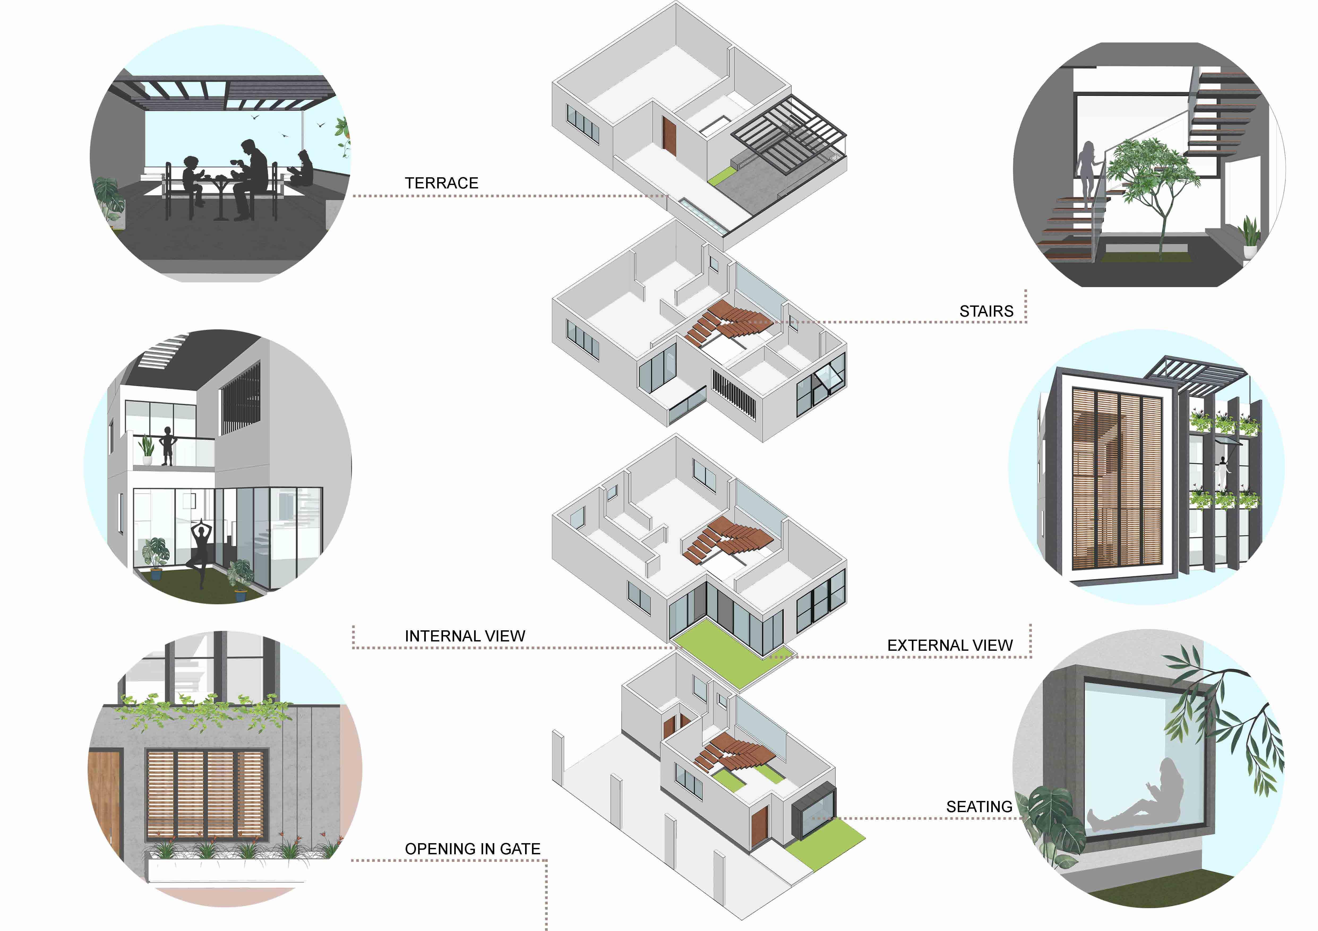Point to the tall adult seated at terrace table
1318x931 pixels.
click(x=251, y=178)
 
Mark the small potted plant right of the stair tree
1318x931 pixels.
click(x=1250, y=237)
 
